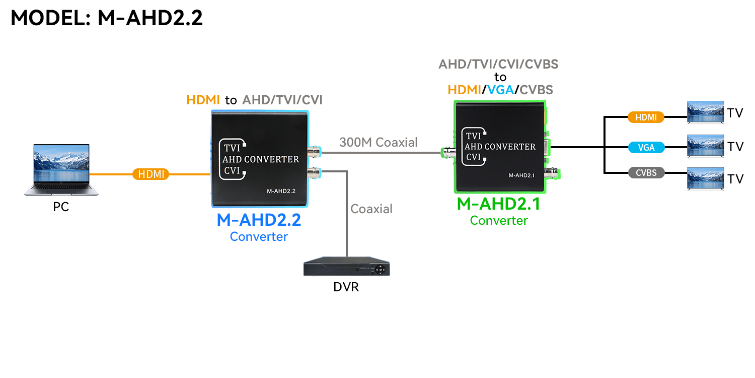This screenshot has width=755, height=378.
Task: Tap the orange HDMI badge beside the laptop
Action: (150, 174)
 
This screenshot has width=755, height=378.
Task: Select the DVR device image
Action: (346, 268)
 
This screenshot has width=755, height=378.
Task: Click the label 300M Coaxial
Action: (379, 143)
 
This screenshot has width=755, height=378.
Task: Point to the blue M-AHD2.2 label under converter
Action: (259, 221)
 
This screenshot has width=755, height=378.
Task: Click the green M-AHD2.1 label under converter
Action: (498, 204)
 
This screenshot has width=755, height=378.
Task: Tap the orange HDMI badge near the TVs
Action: (646, 117)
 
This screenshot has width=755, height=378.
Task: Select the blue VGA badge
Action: (646, 148)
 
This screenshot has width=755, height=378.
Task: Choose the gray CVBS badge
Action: (646, 173)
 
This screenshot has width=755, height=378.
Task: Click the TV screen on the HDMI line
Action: (705, 112)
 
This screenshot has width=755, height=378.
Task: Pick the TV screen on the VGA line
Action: (705, 146)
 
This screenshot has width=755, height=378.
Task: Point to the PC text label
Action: (61, 207)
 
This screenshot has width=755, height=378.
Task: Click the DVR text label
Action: (346, 287)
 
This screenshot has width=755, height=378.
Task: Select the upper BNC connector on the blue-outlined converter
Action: (314, 151)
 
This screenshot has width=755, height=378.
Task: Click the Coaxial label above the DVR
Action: (371, 209)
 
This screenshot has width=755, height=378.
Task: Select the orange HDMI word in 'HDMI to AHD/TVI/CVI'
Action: (203, 100)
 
